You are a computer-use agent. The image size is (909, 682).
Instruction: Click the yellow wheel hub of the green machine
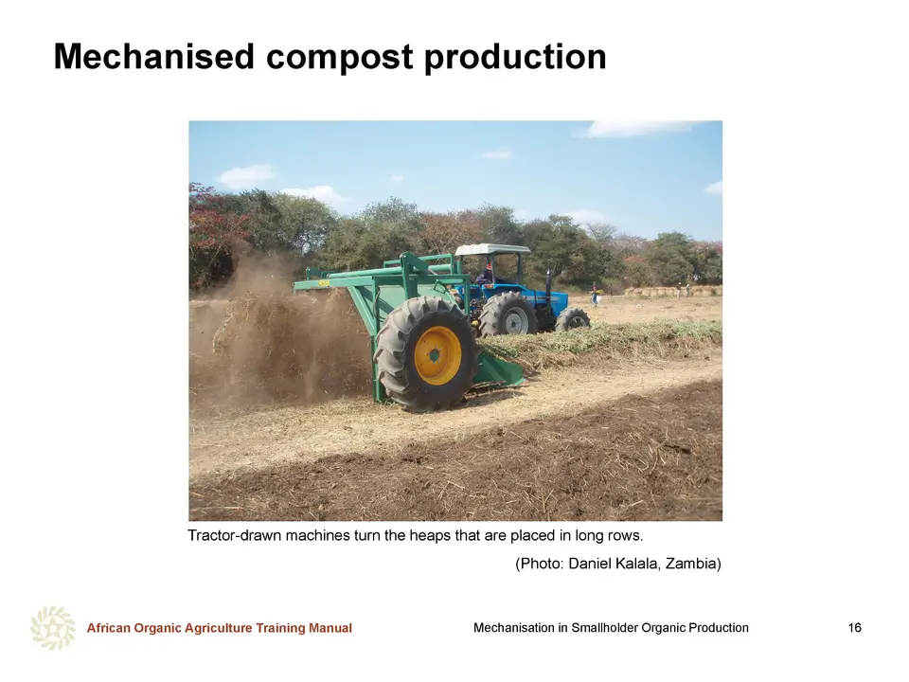coord(437,355)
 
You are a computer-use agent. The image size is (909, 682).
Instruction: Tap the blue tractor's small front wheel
coord(573,319)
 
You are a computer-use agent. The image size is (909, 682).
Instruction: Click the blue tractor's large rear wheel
coord(508,314)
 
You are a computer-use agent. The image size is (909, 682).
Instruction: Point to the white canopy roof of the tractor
coord(492,249)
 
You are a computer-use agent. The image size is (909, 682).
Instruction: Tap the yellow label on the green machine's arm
coord(323,283)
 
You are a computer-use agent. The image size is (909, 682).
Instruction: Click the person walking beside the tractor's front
coord(595,294)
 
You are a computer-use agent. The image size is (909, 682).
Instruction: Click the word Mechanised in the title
coord(154,57)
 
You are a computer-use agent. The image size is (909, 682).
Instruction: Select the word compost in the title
coord(339,58)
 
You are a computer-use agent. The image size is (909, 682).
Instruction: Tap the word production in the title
coord(515,57)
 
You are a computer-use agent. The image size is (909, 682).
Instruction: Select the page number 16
coord(854,627)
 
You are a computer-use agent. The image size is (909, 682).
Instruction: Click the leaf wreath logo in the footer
coord(53,628)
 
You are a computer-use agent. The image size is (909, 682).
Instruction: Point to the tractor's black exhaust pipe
coord(548,277)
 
